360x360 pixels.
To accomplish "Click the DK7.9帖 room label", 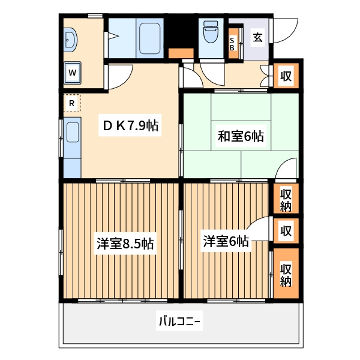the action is pos(130,125).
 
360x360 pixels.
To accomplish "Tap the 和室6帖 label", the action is pos(241,136).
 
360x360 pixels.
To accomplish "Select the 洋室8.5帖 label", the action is pos(125,244).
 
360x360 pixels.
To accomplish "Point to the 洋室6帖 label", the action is pos(226,241).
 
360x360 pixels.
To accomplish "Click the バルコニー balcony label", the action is pos(179,321).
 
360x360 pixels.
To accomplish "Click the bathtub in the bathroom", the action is pos(149,38).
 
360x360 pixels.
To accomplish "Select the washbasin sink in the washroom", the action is pos(70,40).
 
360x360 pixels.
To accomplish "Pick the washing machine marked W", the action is pos(73,73).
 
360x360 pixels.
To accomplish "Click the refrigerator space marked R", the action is pos(72,103).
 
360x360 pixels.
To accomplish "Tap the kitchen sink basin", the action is pos(73,132).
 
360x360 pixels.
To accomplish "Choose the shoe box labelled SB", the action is pos(233,43).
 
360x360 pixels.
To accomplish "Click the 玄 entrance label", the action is pos(257,37).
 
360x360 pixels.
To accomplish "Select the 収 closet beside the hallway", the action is pos(286,76).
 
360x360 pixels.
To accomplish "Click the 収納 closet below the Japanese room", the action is pos(286,199).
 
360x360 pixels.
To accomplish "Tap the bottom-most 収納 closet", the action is pos(286,274).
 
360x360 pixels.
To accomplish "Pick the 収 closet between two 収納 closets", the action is pos(286,231).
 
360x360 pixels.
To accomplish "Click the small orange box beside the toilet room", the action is pos(181,53).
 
